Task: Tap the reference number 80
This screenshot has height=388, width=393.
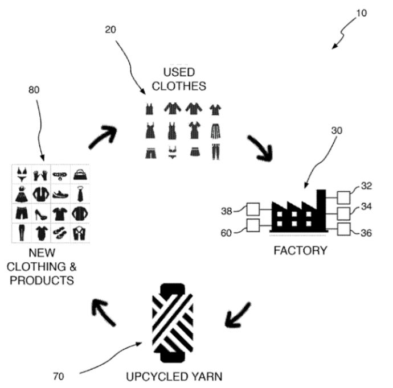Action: [x=34, y=90]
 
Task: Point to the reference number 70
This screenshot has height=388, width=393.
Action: [x=58, y=376]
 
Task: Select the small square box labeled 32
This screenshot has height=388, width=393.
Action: [x=344, y=197]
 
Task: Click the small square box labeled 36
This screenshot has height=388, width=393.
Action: [x=344, y=230]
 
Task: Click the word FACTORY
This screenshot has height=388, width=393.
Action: [x=300, y=250]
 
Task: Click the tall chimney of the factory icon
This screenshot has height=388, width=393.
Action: [x=321, y=209]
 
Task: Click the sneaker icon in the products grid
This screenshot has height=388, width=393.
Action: [x=61, y=193]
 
